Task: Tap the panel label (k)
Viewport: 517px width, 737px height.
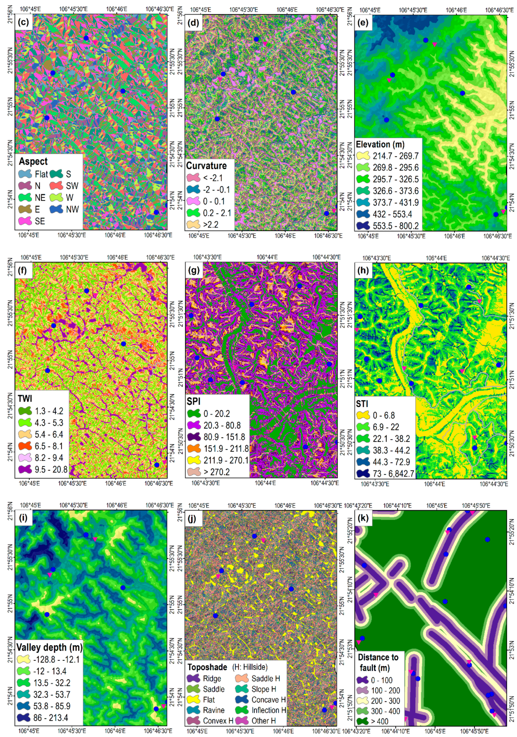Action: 364,519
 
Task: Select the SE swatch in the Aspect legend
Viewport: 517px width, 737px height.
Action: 25,221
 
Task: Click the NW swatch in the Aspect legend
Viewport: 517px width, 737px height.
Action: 56,209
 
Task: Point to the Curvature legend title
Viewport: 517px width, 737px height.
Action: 207,166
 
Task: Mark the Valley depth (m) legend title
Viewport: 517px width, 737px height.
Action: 50,647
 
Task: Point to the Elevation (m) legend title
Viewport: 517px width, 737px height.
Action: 380,145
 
